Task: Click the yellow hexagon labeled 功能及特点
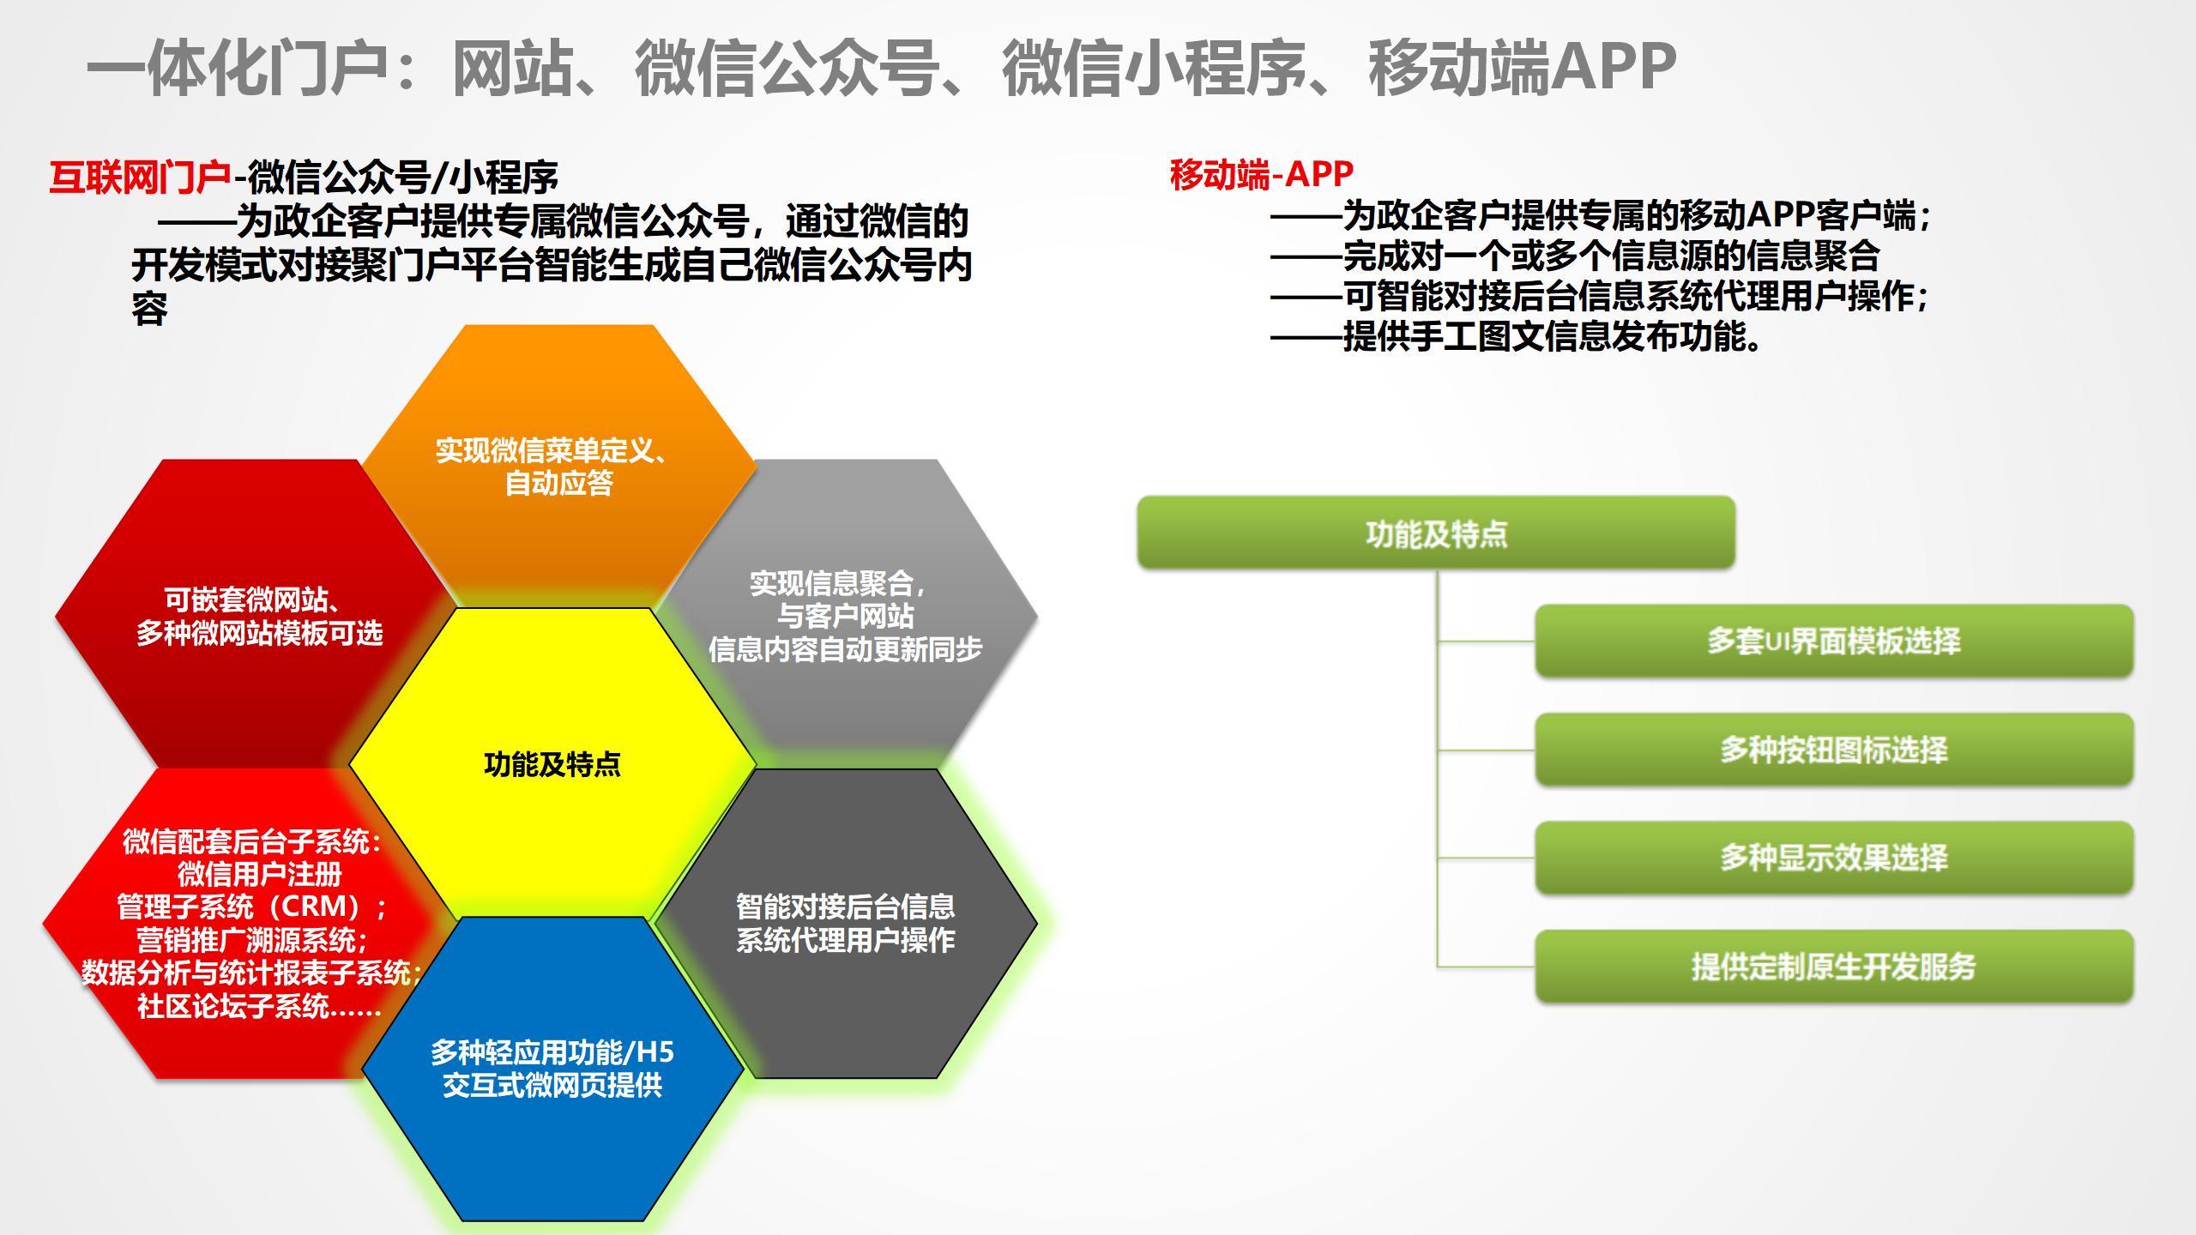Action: tap(552, 763)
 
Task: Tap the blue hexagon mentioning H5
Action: tap(552, 1069)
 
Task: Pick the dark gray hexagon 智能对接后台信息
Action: tap(845, 923)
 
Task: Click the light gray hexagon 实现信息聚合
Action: tap(845, 616)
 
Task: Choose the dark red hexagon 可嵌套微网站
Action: tap(257, 616)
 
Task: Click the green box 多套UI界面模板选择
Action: tap(1833, 641)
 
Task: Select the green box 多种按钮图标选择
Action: tap(1833, 750)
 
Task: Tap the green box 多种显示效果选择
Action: tap(1833, 858)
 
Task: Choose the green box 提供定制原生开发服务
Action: tap(1833, 967)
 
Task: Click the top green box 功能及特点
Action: tap(1436, 533)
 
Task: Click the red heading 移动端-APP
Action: tap(1261, 174)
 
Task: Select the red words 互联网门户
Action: tap(140, 178)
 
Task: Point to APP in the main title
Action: tap(1613, 67)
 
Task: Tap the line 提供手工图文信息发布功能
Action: tap(1553, 336)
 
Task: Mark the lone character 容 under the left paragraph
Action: tap(149, 309)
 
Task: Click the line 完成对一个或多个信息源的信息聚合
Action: tap(1611, 256)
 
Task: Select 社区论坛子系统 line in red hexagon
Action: tap(257, 1005)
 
